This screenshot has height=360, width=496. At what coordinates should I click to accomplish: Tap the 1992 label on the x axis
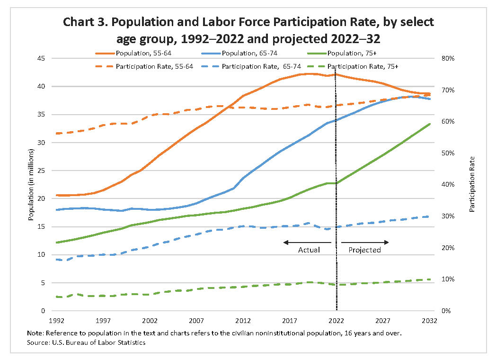click(57, 321)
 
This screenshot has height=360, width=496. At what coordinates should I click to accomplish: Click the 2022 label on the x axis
click(337, 321)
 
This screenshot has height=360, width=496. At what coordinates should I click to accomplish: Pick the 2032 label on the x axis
click(430, 321)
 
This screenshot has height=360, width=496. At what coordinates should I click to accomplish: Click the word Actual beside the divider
click(309, 250)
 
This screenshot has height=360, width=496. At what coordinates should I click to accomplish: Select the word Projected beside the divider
click(364, 250)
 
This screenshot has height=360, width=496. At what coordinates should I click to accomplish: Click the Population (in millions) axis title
click(31, 185)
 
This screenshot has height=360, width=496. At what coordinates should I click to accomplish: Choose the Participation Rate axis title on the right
click(472, 184)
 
